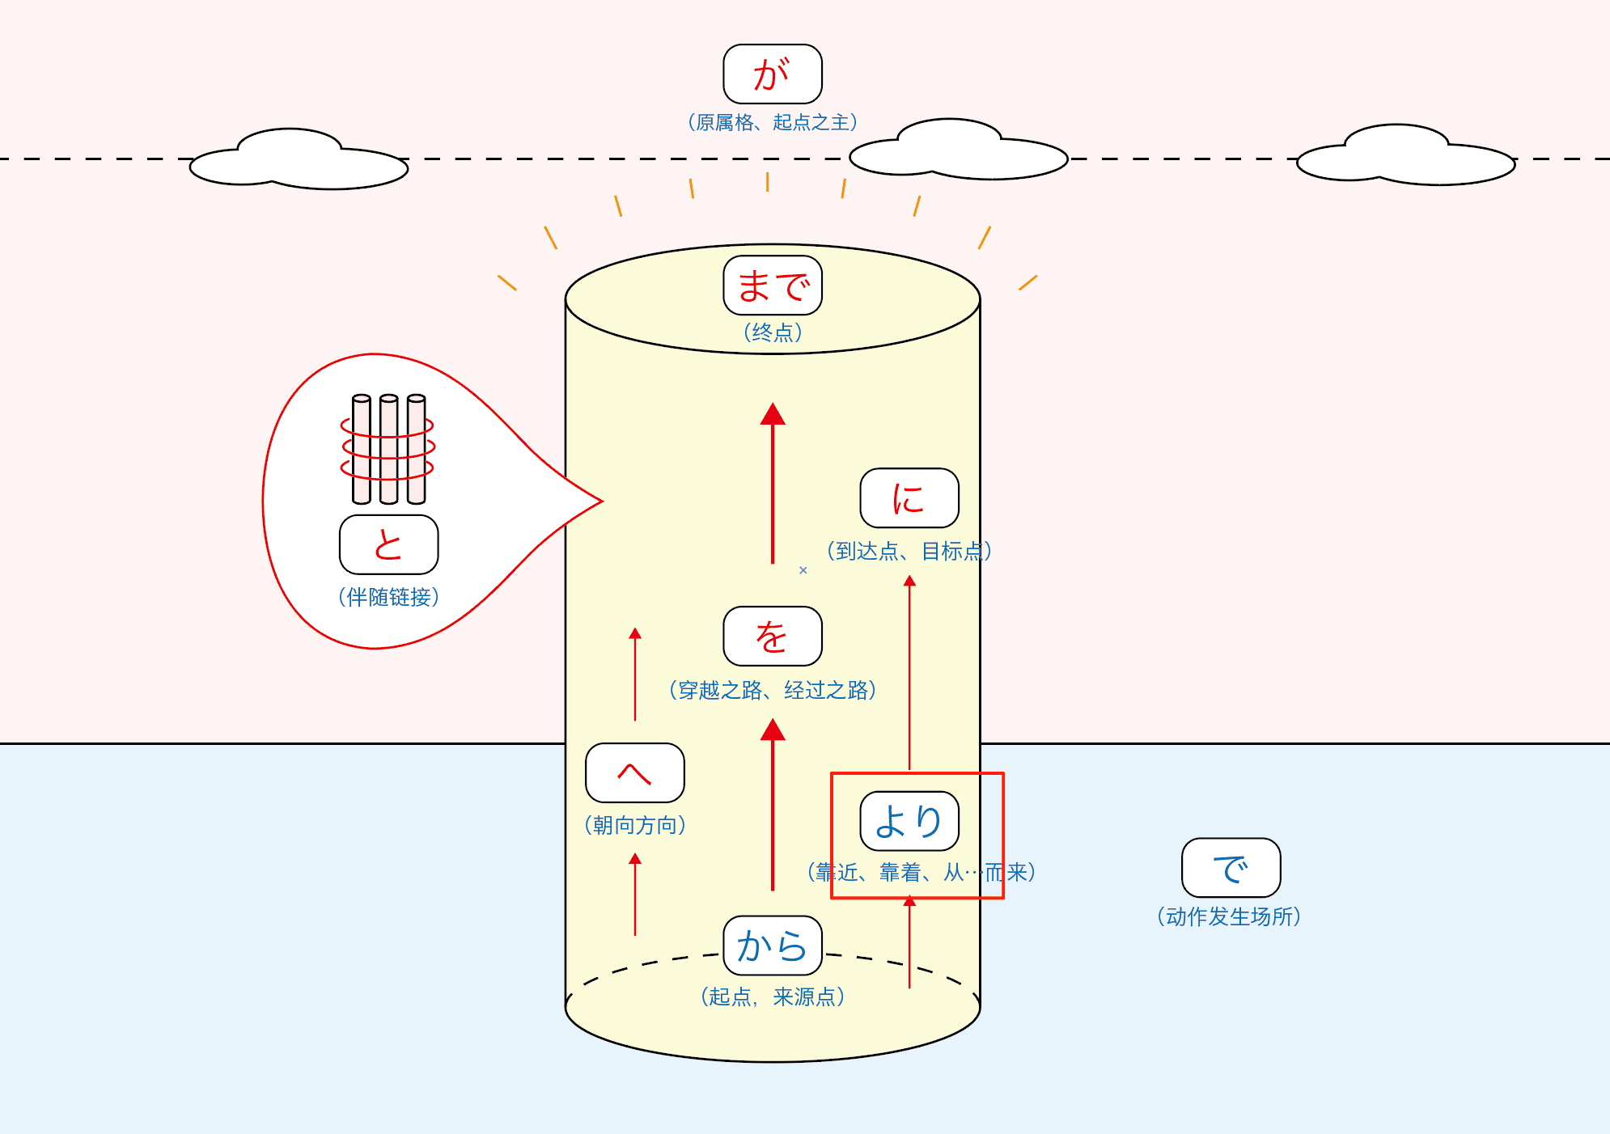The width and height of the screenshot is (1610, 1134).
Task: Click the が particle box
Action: [x=773, y=74]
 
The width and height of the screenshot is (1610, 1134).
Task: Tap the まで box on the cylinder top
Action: [x=773, y=286]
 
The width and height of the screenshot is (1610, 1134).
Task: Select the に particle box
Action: [x=909, y=497]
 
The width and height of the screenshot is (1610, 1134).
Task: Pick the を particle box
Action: [x=773, y=636]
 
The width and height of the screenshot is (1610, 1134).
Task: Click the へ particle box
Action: [x=635, y=773]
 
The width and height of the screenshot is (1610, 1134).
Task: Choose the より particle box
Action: [x=909, y=821]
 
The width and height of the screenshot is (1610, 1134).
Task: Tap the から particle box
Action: [x=773, y=946]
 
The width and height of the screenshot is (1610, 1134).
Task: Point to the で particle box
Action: [x=1231, y=868]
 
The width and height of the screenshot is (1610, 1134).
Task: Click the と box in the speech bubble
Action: [x=389, y=544]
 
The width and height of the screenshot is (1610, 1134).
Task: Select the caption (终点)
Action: [x=773, y=332]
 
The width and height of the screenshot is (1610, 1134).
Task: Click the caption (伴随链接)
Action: [x=389, y=597]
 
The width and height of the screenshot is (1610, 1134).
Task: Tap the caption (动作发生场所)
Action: [x=1229, y=916]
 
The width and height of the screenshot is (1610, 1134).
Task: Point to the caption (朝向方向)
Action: [x=635, y=825]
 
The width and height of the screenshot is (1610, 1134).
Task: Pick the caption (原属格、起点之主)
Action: [x=773, y=122]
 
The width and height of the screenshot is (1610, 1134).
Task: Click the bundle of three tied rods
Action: [x=388, y=449]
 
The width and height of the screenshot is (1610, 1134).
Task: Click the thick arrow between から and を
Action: [x=773, y=805]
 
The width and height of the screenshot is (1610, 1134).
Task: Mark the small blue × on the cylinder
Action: [x=803, y=570]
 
